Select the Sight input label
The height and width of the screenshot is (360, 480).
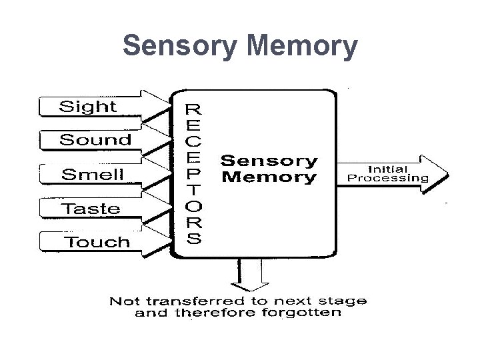click(88, 107)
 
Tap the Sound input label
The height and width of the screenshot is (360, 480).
click(95, 140)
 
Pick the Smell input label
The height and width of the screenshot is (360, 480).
click(93, 175)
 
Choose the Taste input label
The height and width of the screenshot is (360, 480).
click(91, 209)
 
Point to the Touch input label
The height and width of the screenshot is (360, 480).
click(97, 242)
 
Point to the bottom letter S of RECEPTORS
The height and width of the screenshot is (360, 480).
click(193, 239)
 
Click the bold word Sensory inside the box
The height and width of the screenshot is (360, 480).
click(269, 161)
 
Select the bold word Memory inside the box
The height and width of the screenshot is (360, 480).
click(269, 177)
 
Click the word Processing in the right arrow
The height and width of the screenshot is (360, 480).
click(388, 178)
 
